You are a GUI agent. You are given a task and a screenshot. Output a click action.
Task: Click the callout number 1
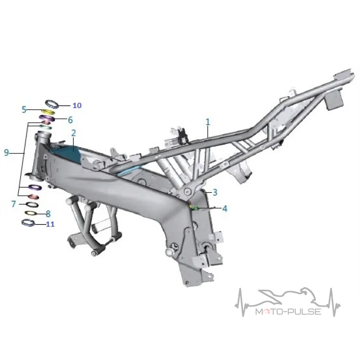pos(208,122)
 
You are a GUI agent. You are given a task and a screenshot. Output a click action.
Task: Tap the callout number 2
pos(73,133)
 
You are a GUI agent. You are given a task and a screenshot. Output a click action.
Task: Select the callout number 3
pos(215,192)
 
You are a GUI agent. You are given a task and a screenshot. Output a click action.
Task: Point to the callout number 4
pos(225,208)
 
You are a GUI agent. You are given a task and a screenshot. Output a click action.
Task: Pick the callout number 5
pos(24,109)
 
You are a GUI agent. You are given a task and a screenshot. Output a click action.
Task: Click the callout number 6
pos(70,120)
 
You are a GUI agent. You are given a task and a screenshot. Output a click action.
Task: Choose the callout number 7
pos(13,204)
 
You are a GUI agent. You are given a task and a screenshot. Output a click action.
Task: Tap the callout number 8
pos(48,214)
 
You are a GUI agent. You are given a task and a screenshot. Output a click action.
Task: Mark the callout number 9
pos(7,152)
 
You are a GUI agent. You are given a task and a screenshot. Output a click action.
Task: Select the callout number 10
pos(77,105)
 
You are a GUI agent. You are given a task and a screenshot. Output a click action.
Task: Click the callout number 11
pos(50,224)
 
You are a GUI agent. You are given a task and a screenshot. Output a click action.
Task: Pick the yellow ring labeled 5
pos(48,112)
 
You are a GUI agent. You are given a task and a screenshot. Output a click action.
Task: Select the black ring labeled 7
pos(31,204)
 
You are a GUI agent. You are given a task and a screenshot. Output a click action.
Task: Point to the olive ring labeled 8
pos(31,213)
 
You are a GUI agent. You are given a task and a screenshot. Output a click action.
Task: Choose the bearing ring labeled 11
pos(28,223)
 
